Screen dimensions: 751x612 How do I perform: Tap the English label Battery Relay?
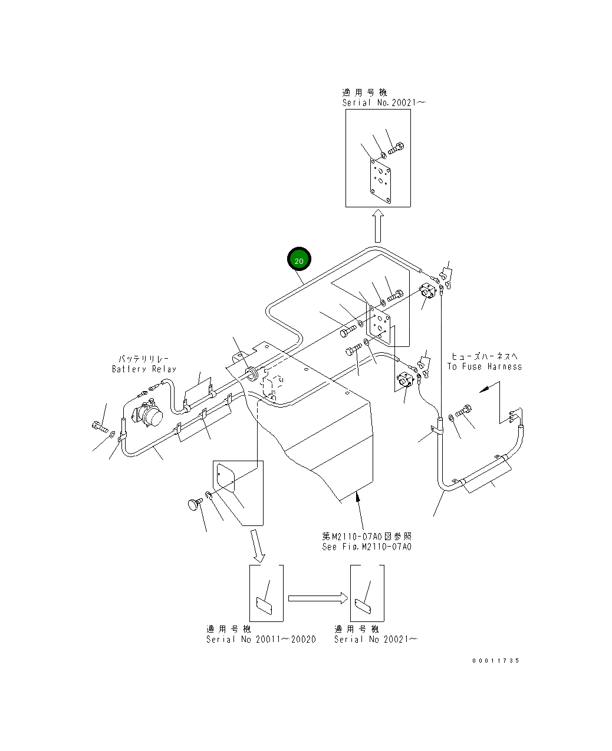[x=144, y=369]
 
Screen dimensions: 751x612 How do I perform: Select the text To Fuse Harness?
[x=484, y=366]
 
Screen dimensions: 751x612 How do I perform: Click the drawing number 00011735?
[x=495, y=661]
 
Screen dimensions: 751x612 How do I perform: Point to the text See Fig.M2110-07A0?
[x=366, y=547]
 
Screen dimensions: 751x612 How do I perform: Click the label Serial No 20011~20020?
[x=261, y=640]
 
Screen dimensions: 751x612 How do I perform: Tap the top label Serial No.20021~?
[x=384, y=102]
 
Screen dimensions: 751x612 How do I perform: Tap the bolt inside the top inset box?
[x=396, y=148]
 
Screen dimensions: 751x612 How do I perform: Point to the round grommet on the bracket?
[x=252, y=372]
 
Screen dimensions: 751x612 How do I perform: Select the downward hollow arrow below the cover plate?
[x=258, y=545]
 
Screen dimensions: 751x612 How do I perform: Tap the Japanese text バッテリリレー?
[x=144, y=358]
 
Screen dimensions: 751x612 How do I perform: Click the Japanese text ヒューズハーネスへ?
[x=484, y=356]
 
